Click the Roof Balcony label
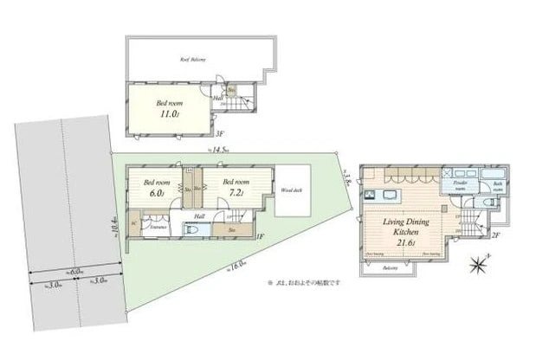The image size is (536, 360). point(192,60)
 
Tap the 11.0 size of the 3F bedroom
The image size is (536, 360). point(167,112)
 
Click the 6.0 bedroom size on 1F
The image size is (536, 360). point(157,193)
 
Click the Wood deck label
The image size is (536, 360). point(291,189)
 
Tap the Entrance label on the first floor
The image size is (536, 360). point(158,226)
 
